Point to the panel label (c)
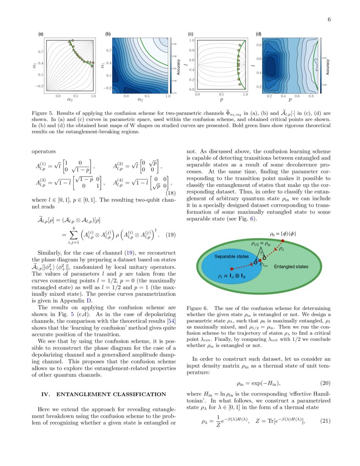191,34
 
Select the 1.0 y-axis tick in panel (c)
192,40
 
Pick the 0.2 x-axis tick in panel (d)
269,97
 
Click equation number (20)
325,383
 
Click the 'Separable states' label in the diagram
231,257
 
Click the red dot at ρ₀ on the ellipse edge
283,241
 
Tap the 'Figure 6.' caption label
198,308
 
